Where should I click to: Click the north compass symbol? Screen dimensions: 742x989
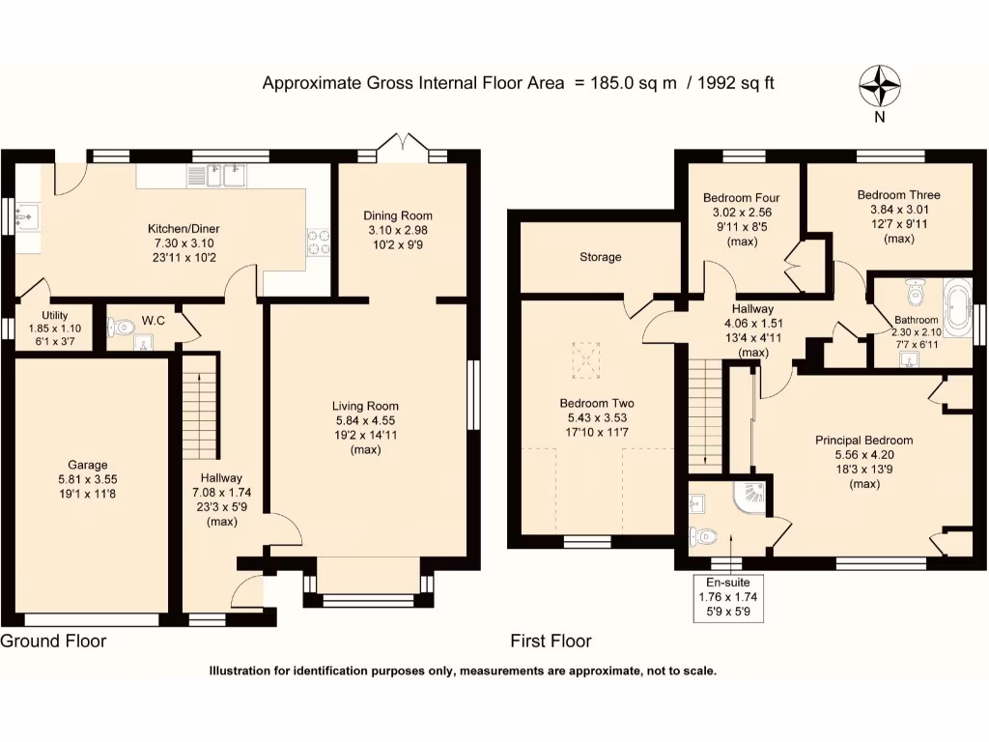pyautogui.click(x=879, y=86)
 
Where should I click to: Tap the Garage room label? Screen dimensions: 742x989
pyautogui.click(x=88, y=465)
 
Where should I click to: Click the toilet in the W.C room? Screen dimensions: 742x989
pyautogui.click(x=120, y=328)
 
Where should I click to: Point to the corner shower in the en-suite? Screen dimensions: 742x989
pyautogui.click(x=751, y=497)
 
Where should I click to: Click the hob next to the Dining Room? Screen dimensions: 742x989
pyautogui.click(x=319, y=242)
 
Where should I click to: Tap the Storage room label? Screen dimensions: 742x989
pyautogui.click(x=600, y=257)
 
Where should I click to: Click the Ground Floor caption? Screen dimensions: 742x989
pyautogui.click(x=53, y=641)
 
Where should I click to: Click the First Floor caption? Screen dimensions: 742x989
pyautogui.click(x=551, y=641)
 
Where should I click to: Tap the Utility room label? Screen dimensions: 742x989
pyautogui.click(x=54, y=316)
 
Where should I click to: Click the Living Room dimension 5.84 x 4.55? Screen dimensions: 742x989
pyautogui.click(x=365, y=420)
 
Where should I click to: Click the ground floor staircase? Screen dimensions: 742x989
pyautogui.click(x=201, y=406)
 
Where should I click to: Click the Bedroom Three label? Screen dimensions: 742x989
pyautogui.click(x=898, y=195)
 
